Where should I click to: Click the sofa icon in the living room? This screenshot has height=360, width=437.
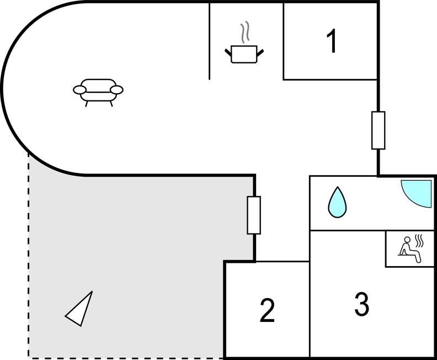click(x=98, y=91)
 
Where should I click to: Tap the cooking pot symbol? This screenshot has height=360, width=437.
click(x=244, y=54)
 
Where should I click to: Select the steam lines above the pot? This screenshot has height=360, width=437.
click(x=244, y=32)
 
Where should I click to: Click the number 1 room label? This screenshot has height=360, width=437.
click(x=332, y=42)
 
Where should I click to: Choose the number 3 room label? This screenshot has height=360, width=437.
click(x=361, y=304)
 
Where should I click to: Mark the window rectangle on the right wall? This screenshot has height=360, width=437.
click(x=378, y=130)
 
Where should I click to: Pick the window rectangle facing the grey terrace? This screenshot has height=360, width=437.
click(x=253, y=215)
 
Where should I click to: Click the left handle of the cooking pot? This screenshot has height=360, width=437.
click(x=228, y=52)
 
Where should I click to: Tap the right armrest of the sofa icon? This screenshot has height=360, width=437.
click(x=117, y=89)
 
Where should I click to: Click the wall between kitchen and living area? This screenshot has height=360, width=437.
click(x=210, y=41)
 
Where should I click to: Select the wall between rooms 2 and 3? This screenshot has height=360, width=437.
click(x=310, y=309)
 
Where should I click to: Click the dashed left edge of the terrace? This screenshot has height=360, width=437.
click(x=29, y=254)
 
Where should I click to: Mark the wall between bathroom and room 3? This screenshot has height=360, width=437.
click(x=348, y=230)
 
